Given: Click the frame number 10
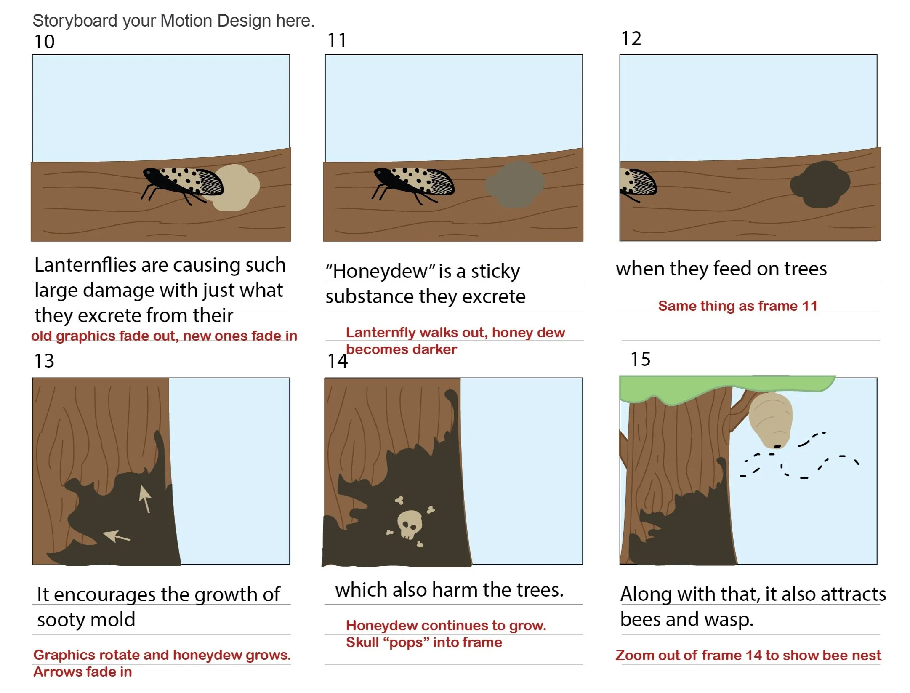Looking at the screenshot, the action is [44, 42].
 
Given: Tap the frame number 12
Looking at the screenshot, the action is [631, 39].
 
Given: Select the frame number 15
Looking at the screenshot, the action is [640, 359].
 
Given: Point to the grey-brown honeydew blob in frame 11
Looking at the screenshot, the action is [514, 184].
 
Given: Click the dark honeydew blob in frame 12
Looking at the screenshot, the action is [820, 184].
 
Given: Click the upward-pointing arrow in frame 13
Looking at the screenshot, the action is [145, 498].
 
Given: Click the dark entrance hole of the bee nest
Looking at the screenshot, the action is [777, 446].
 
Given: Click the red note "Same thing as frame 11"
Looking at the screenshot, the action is [737, 306].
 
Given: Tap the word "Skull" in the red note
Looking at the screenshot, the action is [362, 642].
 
